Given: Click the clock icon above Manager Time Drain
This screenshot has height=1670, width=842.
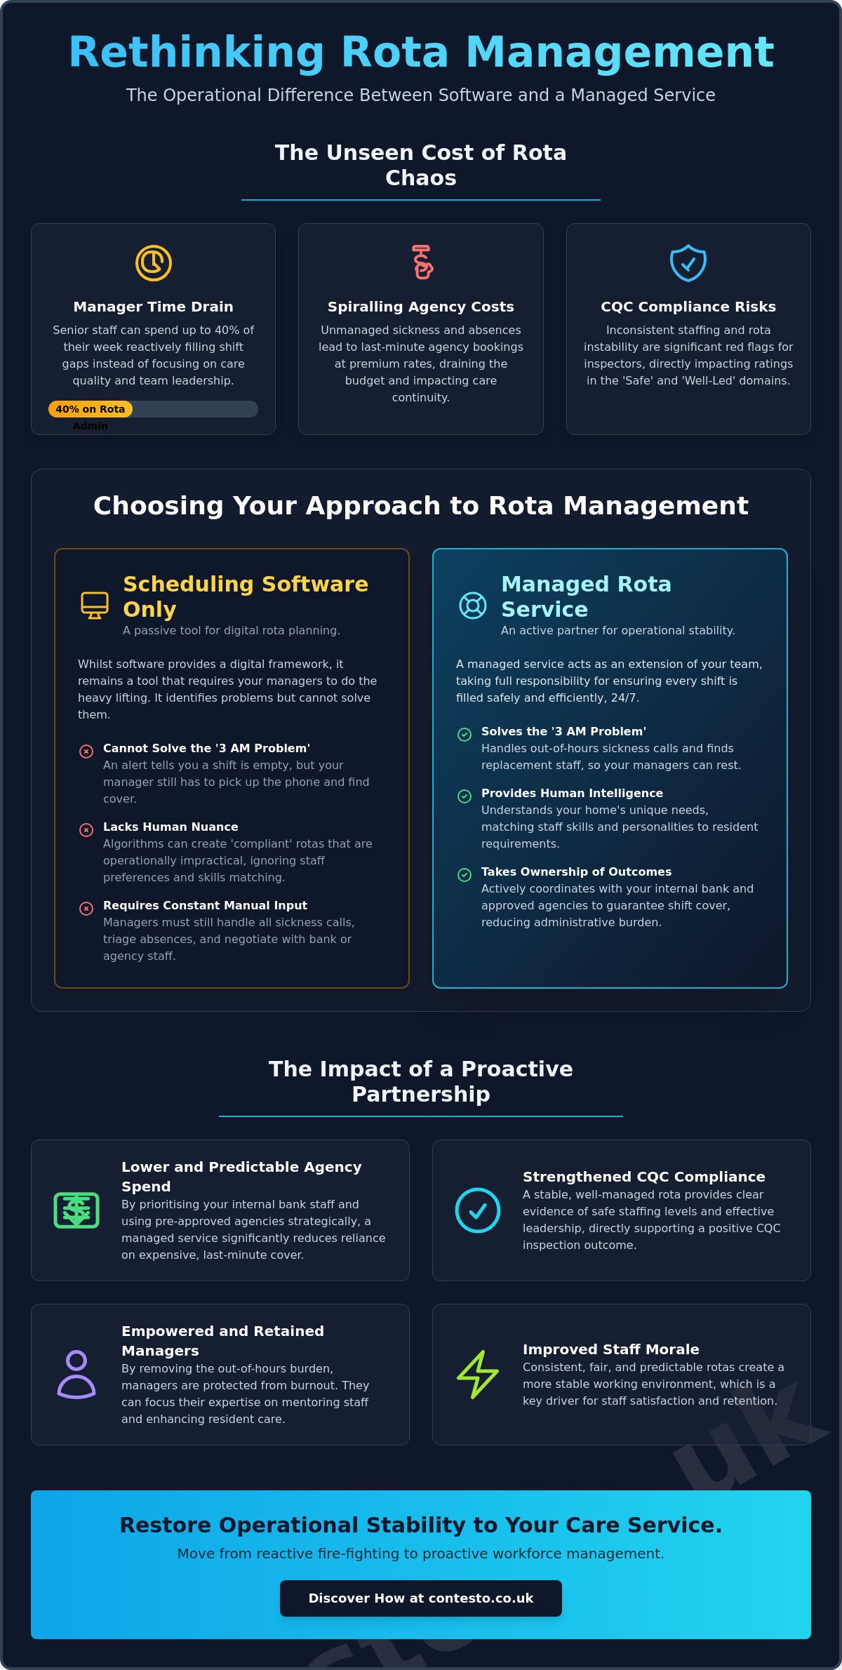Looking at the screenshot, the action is tap(154, 263).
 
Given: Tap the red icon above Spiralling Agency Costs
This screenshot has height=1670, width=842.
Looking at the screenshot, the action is tap(422, 262).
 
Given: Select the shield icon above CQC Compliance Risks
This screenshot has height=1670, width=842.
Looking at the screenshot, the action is tap(688, 263).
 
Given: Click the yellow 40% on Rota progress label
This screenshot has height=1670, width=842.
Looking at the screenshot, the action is tap(90, 409).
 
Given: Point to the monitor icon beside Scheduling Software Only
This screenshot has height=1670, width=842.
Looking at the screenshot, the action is tap(95, 605).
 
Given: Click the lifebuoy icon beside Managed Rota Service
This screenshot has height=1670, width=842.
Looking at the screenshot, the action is tap(473, 605).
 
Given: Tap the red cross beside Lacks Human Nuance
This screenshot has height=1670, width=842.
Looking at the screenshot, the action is tap(86, 830).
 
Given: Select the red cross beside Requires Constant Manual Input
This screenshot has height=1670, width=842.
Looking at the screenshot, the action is tap(86, 909).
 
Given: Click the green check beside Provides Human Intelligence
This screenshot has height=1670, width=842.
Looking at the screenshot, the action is tap(465, 796).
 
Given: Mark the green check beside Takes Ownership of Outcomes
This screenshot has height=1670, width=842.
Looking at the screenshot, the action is tap(465, 875).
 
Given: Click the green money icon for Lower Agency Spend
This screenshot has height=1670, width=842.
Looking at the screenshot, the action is tap(76, 1210).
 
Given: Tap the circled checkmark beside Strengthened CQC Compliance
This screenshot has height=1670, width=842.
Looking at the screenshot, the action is tap(478, 1210).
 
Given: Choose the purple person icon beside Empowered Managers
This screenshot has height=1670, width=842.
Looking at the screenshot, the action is tap(76, 1375).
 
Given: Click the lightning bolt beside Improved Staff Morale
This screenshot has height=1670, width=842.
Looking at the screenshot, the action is tap(478, 1375).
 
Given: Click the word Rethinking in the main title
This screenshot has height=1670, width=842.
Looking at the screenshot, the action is tap(196, 53).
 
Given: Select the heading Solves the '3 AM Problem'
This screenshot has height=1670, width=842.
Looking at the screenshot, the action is tap(563, 731).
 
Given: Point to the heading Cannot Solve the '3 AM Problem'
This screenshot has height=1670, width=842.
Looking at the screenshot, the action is tap(206, 748).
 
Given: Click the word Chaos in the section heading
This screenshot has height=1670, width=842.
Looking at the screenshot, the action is tap(421, 178).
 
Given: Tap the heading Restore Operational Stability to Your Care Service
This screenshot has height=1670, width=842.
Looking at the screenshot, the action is tap(421, 1525).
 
